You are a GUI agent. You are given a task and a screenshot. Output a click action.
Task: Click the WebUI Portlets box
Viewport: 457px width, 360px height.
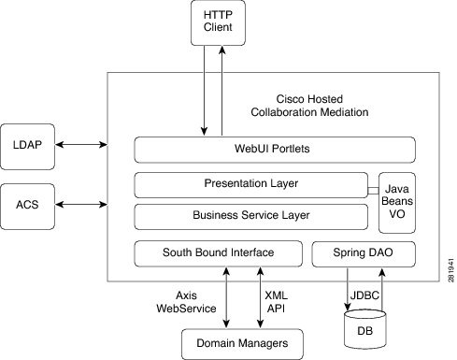(x=274, y=150)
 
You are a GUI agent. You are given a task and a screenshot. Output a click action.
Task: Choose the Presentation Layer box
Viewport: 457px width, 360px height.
(x=250, y=183)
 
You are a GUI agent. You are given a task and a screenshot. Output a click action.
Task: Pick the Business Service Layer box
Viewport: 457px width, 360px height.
(x=250, y=216)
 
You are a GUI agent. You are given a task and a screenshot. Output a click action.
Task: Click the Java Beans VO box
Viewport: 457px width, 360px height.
(x=395, y=200)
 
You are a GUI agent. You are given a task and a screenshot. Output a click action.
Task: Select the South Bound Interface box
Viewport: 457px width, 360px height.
(x=218, y=252)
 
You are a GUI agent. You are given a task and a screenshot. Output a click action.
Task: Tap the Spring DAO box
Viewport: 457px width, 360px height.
(x=362, y=252)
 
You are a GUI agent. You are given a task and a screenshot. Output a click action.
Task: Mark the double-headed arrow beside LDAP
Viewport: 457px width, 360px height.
(x=85, y=145)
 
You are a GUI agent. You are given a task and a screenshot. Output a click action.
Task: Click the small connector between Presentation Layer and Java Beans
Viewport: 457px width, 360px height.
(x=371, y=191)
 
